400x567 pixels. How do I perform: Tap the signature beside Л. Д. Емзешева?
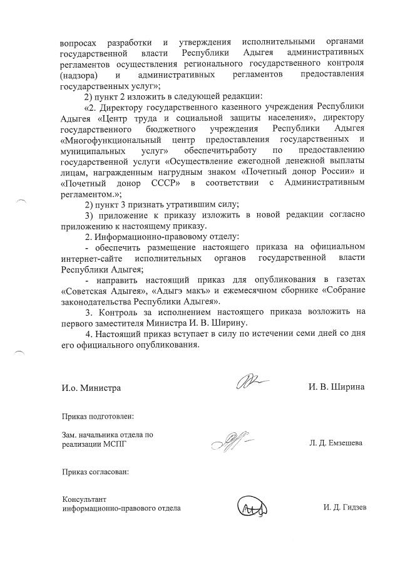click(230, 441)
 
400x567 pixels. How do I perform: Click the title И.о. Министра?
click(91, 388)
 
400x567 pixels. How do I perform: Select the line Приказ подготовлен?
click(97, 416)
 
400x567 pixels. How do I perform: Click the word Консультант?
click(84, 499)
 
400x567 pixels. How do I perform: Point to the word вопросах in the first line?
click(79, 42)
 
